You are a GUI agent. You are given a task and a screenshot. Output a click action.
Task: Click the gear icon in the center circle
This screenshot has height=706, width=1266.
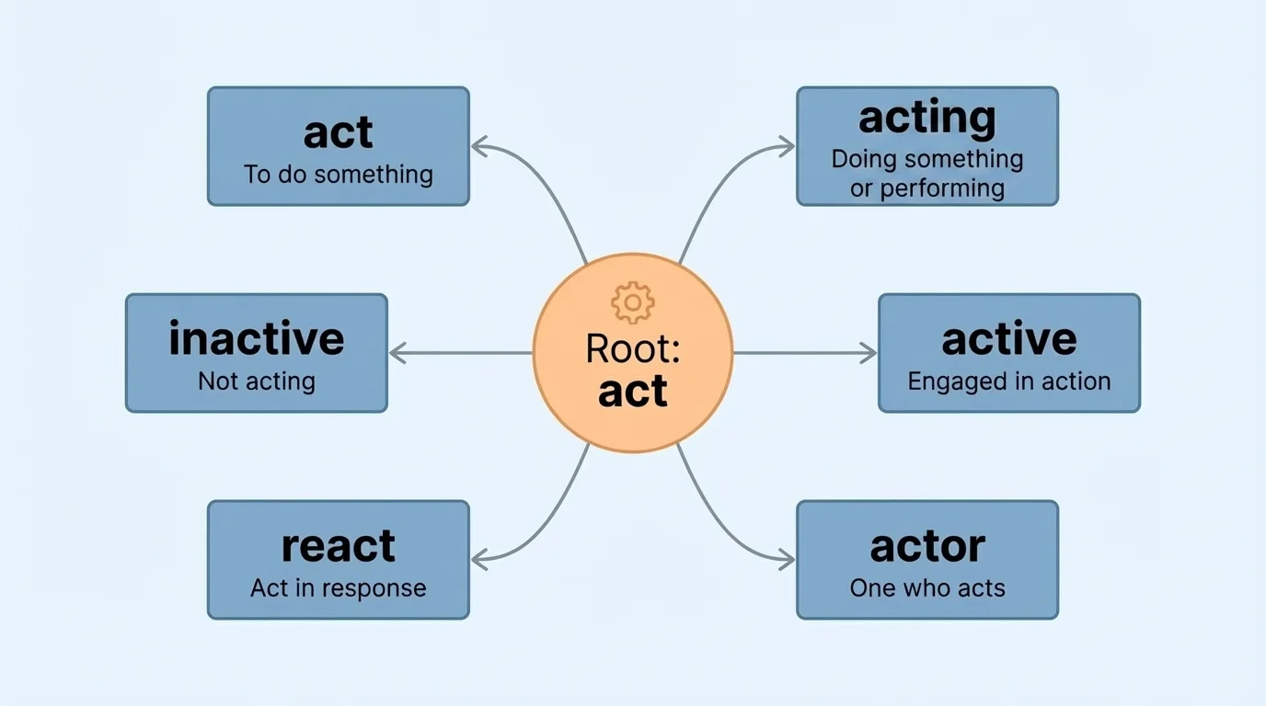coord(632,303)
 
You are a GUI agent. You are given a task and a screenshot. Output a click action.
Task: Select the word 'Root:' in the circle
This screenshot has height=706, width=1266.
coord(632,350)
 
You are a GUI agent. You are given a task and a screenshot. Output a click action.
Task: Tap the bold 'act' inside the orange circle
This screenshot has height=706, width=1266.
coord(632,391)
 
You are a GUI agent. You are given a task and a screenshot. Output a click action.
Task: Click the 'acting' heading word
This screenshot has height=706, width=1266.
coord(926,119)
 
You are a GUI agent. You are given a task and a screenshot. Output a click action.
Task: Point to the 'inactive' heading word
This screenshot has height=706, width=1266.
coord(256,338)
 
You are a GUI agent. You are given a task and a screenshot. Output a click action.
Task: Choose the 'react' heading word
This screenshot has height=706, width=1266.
coord(338,546)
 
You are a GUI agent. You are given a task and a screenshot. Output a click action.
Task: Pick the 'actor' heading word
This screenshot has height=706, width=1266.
coord(926,546)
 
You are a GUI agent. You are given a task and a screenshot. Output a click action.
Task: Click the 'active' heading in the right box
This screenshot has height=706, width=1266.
coord(1008,339)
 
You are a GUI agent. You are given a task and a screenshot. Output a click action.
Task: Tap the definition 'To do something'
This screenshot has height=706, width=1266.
coord(338,174)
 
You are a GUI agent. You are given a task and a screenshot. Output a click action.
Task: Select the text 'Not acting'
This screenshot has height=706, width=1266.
coord(256,381)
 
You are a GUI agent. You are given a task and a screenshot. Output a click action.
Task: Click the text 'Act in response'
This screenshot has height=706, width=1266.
coord(338,588)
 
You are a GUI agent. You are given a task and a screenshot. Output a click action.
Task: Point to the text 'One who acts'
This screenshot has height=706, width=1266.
coord(926,588)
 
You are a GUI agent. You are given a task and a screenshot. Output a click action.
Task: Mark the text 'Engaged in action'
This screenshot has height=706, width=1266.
coord(1008,381)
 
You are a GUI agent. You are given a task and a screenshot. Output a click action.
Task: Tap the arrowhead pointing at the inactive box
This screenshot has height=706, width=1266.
coord(397,353)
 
